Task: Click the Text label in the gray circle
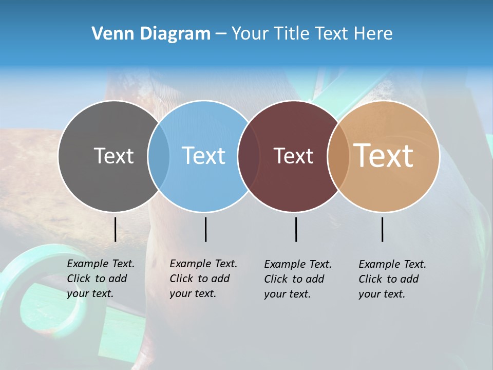coord(114,156)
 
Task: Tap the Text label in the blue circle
coord(204,156)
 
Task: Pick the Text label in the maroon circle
coord(294,156)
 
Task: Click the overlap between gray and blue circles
coord(159,156)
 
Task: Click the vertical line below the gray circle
coord(116,229)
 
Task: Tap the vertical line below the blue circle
coord(205,229)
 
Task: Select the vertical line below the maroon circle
coord(296,229)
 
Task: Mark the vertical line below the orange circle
coord(383,229)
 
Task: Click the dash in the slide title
coord(221,34)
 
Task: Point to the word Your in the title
coord(250,34)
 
